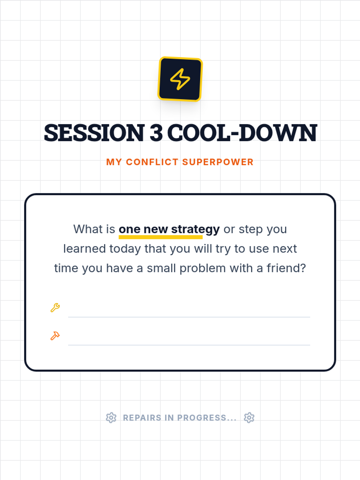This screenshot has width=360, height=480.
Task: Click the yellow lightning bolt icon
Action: pyautogui.click(x=180, y=79)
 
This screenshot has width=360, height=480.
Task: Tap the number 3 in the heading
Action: pyautogui.click(x=156, y=133)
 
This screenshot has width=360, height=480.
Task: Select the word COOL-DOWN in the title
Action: pyautogui.click(x=242, y=133)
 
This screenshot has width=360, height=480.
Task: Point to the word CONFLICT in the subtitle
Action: pyautogui.click(x=152, y=162)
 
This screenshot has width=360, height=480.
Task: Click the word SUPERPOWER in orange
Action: pyautogui.click(x=218, y=162)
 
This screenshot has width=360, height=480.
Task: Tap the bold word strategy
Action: pyautogui.click(x=195, y=229)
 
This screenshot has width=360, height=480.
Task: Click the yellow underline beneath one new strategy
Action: pyautogui.click(x=160, y=237)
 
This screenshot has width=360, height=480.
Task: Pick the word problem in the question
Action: pyautogui.click(x=202, y=268)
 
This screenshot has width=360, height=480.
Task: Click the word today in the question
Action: pyautogui.click(x=125, y=249)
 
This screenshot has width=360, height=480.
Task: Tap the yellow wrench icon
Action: pyautogui.click(x=55, y=308)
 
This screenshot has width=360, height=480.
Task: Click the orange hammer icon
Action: pyautogui.click(x=55, y=336)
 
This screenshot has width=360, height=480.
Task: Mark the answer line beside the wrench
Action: pyautogui.click(x=189, y=317)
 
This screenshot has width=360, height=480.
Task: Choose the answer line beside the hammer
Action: pyautogui.click(x=189, y=345)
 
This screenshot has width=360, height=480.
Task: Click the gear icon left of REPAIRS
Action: pyautogui.click(x=111, y=418)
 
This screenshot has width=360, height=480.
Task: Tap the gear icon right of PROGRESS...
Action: pyautogui.click(x=249, y=418)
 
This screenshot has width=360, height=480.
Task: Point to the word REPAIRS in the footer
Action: pyautogui.click(x=142, y=418)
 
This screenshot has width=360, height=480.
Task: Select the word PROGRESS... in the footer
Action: pyautogui.click(x=207, y=418)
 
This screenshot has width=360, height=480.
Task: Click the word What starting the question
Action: pyautogui.click(x=88, y=229)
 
